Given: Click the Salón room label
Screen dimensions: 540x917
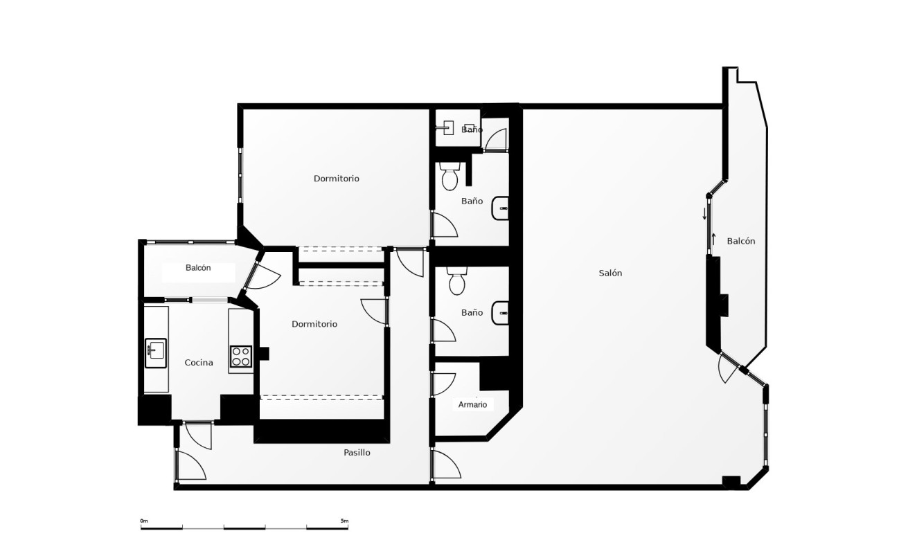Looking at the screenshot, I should point(610,273).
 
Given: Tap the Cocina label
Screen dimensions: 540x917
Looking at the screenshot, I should point(199,362).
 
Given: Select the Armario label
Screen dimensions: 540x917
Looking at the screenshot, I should point(472,404).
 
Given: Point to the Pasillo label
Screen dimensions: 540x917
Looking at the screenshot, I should point(357,453).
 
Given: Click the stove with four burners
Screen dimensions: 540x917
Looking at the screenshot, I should point(241,356).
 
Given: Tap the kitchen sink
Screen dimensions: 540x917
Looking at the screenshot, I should point(155,352).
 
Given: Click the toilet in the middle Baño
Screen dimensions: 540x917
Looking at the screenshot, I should point(450,177).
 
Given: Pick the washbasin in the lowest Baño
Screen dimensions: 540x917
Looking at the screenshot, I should point(501,313).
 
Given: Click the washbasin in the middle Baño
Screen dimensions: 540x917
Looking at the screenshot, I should point(501,208).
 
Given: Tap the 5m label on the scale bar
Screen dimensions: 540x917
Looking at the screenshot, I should point(344,521).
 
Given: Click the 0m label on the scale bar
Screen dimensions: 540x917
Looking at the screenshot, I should point(144,521).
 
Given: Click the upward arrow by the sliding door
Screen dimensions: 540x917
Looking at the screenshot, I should point(713,239).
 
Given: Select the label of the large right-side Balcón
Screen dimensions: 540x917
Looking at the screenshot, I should point(740,241).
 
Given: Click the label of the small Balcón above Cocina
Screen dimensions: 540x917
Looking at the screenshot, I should point(198,268).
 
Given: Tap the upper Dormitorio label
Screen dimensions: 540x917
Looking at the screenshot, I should point(336,179).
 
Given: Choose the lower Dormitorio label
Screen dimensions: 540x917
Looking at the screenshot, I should point(314,324).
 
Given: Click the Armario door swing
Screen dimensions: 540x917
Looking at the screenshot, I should point(444,384).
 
